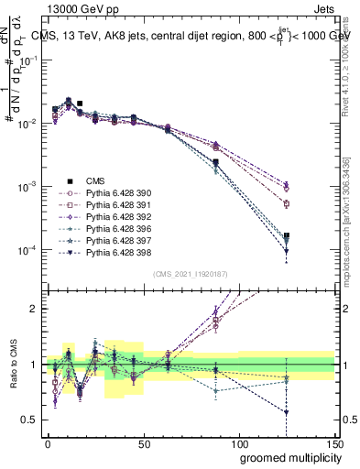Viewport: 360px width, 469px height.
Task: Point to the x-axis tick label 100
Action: [238, 442]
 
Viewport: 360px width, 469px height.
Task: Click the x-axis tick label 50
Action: [143, 442]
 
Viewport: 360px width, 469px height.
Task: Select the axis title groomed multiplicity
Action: [285, 457]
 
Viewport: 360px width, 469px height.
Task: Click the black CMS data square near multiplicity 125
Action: [287, 236]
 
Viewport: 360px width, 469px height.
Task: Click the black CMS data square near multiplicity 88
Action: [215, 162]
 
